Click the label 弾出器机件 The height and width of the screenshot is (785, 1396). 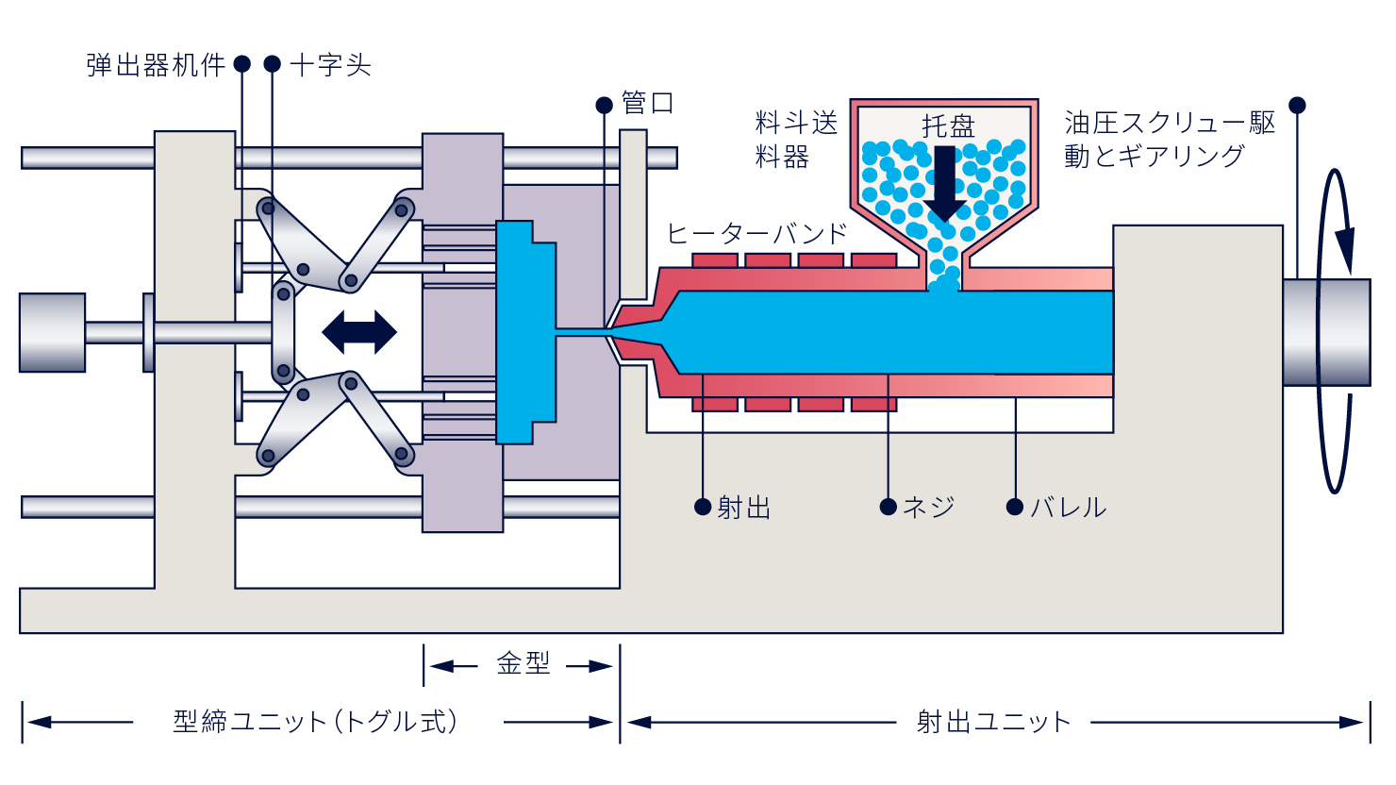point(156,65)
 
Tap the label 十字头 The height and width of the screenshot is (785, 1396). point(330,65)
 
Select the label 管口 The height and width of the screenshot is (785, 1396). point(647,104)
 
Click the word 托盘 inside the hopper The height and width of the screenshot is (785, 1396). point(948,125)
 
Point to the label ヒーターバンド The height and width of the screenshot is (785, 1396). point(757,233)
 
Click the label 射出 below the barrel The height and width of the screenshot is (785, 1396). point(744,508)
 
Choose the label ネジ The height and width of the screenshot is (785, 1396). point(929,508)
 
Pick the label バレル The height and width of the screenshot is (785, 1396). point(1069,508)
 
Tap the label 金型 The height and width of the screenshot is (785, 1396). point(523,664)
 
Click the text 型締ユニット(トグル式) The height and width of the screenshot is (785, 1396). point(317,722)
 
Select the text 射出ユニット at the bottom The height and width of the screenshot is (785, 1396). point(994,722)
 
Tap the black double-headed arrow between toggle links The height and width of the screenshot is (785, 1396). point(359,332)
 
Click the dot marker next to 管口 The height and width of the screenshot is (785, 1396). point(605,105)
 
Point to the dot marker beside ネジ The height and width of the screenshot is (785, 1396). point(888,507)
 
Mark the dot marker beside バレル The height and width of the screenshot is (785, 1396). point(1015,507)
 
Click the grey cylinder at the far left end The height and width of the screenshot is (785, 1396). point(53,332)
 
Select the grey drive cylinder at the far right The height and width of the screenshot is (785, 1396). point(1326,332)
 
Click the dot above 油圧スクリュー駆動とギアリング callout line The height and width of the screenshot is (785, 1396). point(1297,105)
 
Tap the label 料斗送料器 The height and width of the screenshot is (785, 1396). point(795,140)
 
